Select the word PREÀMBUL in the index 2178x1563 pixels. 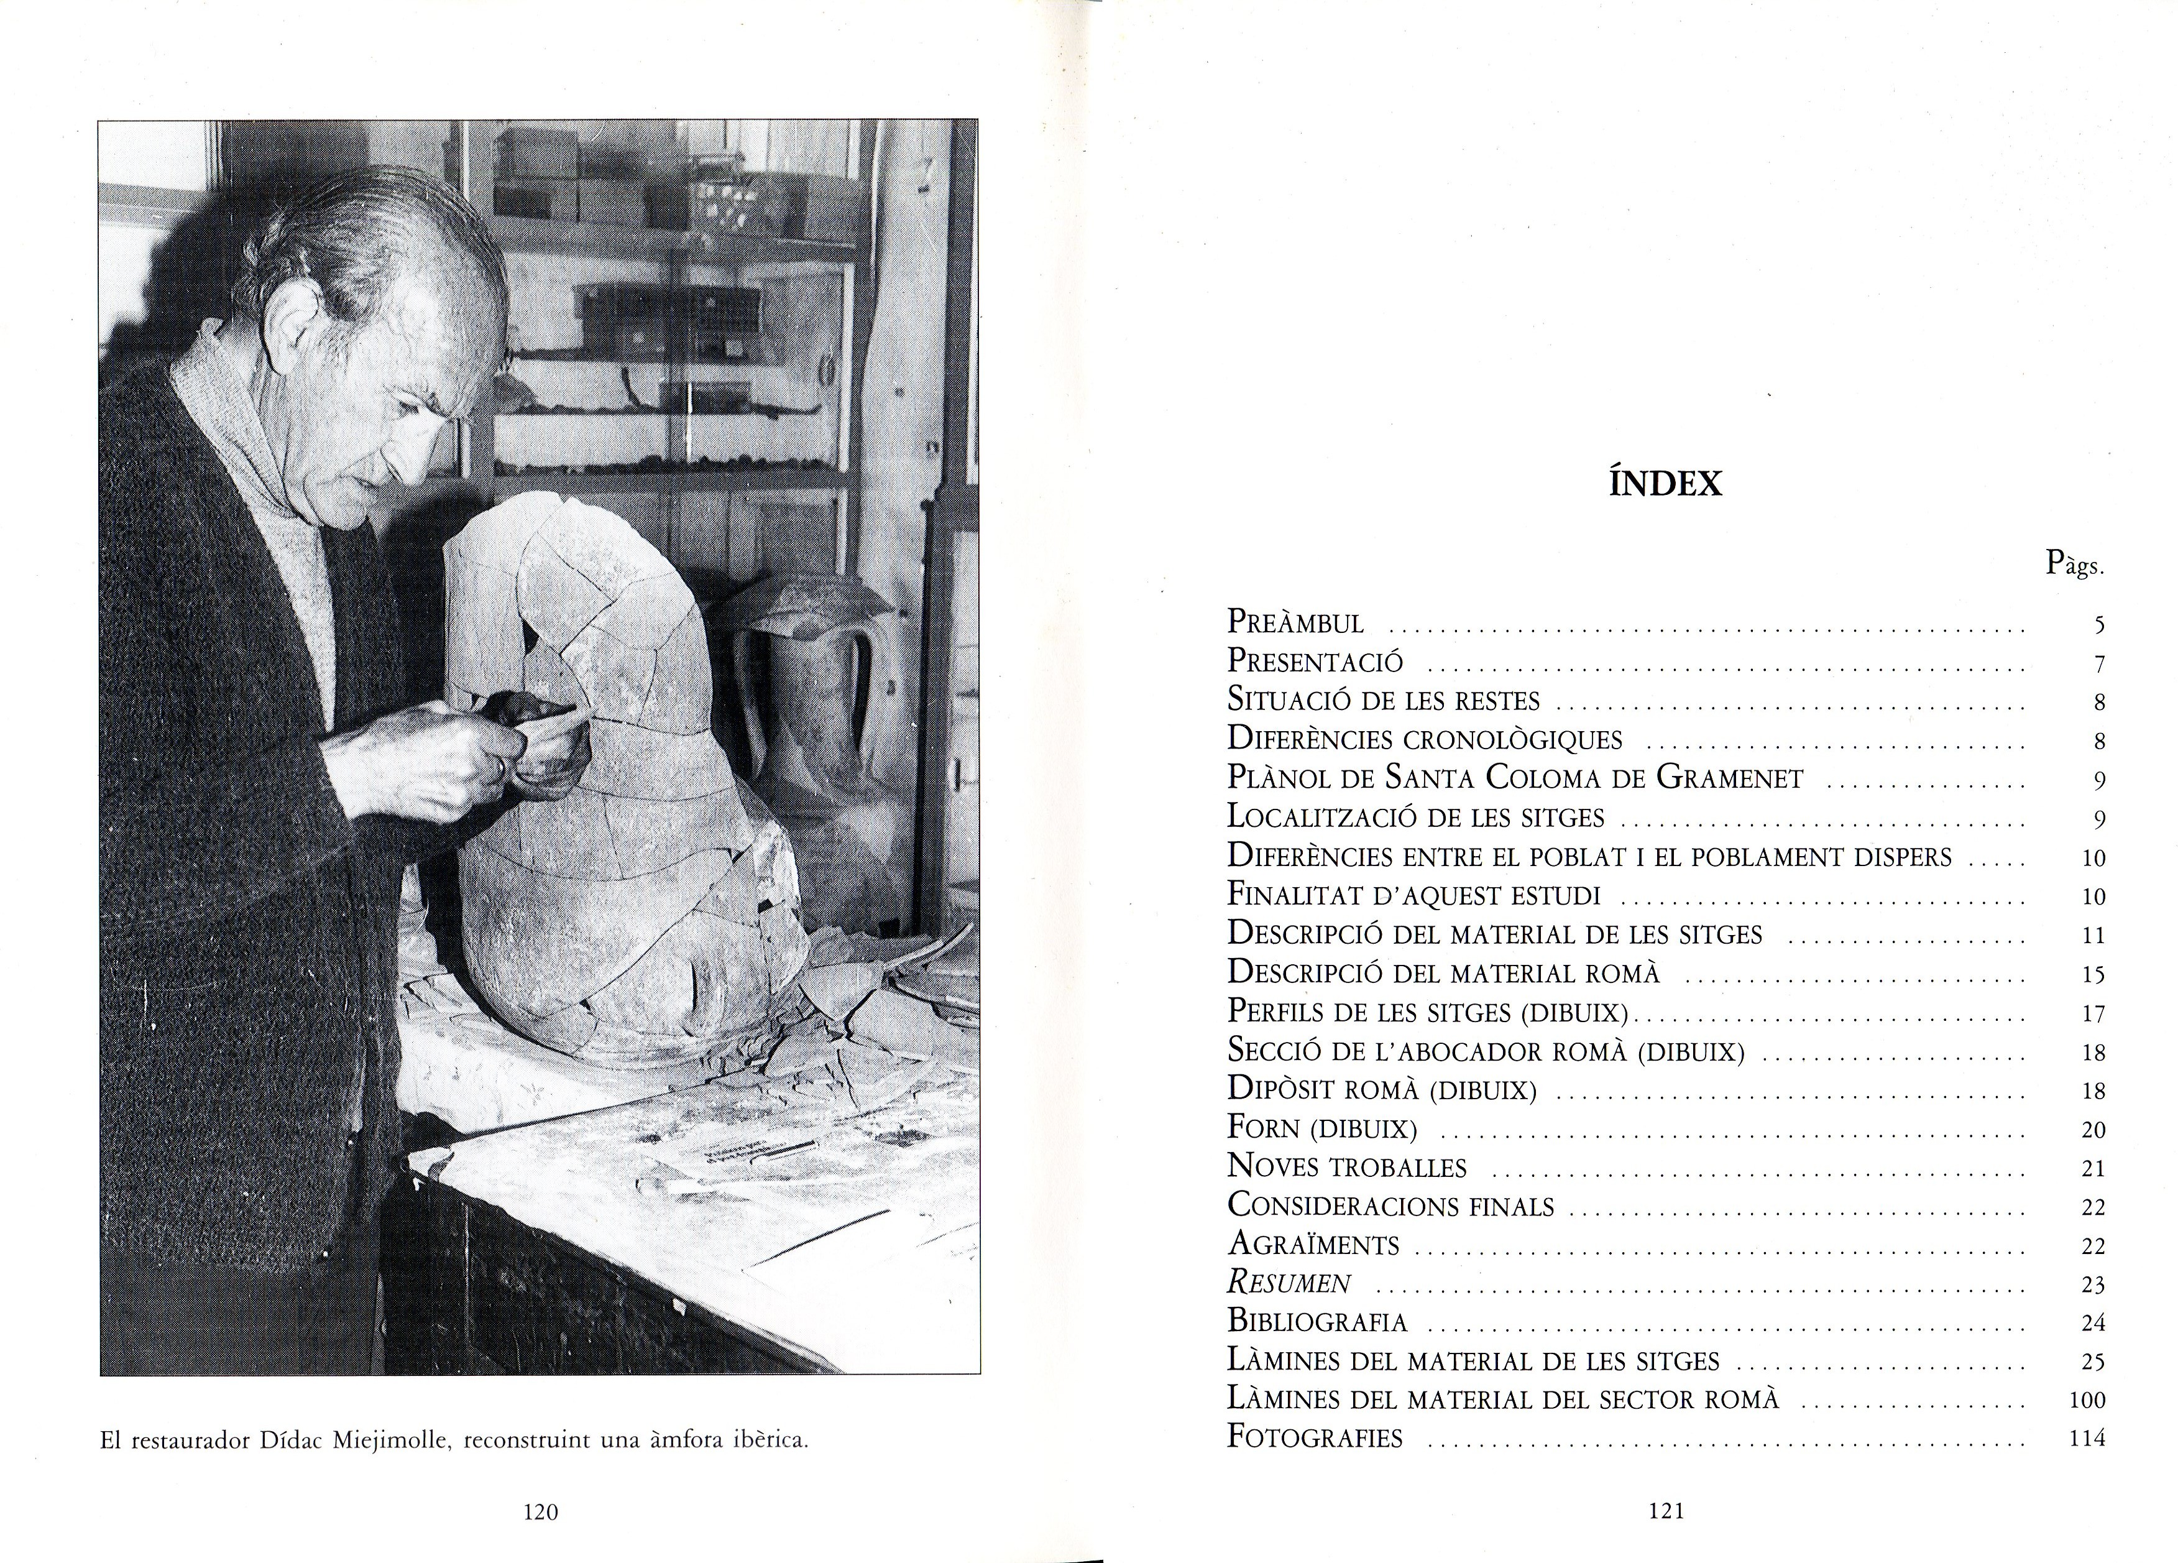point(1295,622)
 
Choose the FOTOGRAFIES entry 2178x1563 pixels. point(1315,1438)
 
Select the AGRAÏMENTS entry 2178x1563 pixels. point(1313,1245)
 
